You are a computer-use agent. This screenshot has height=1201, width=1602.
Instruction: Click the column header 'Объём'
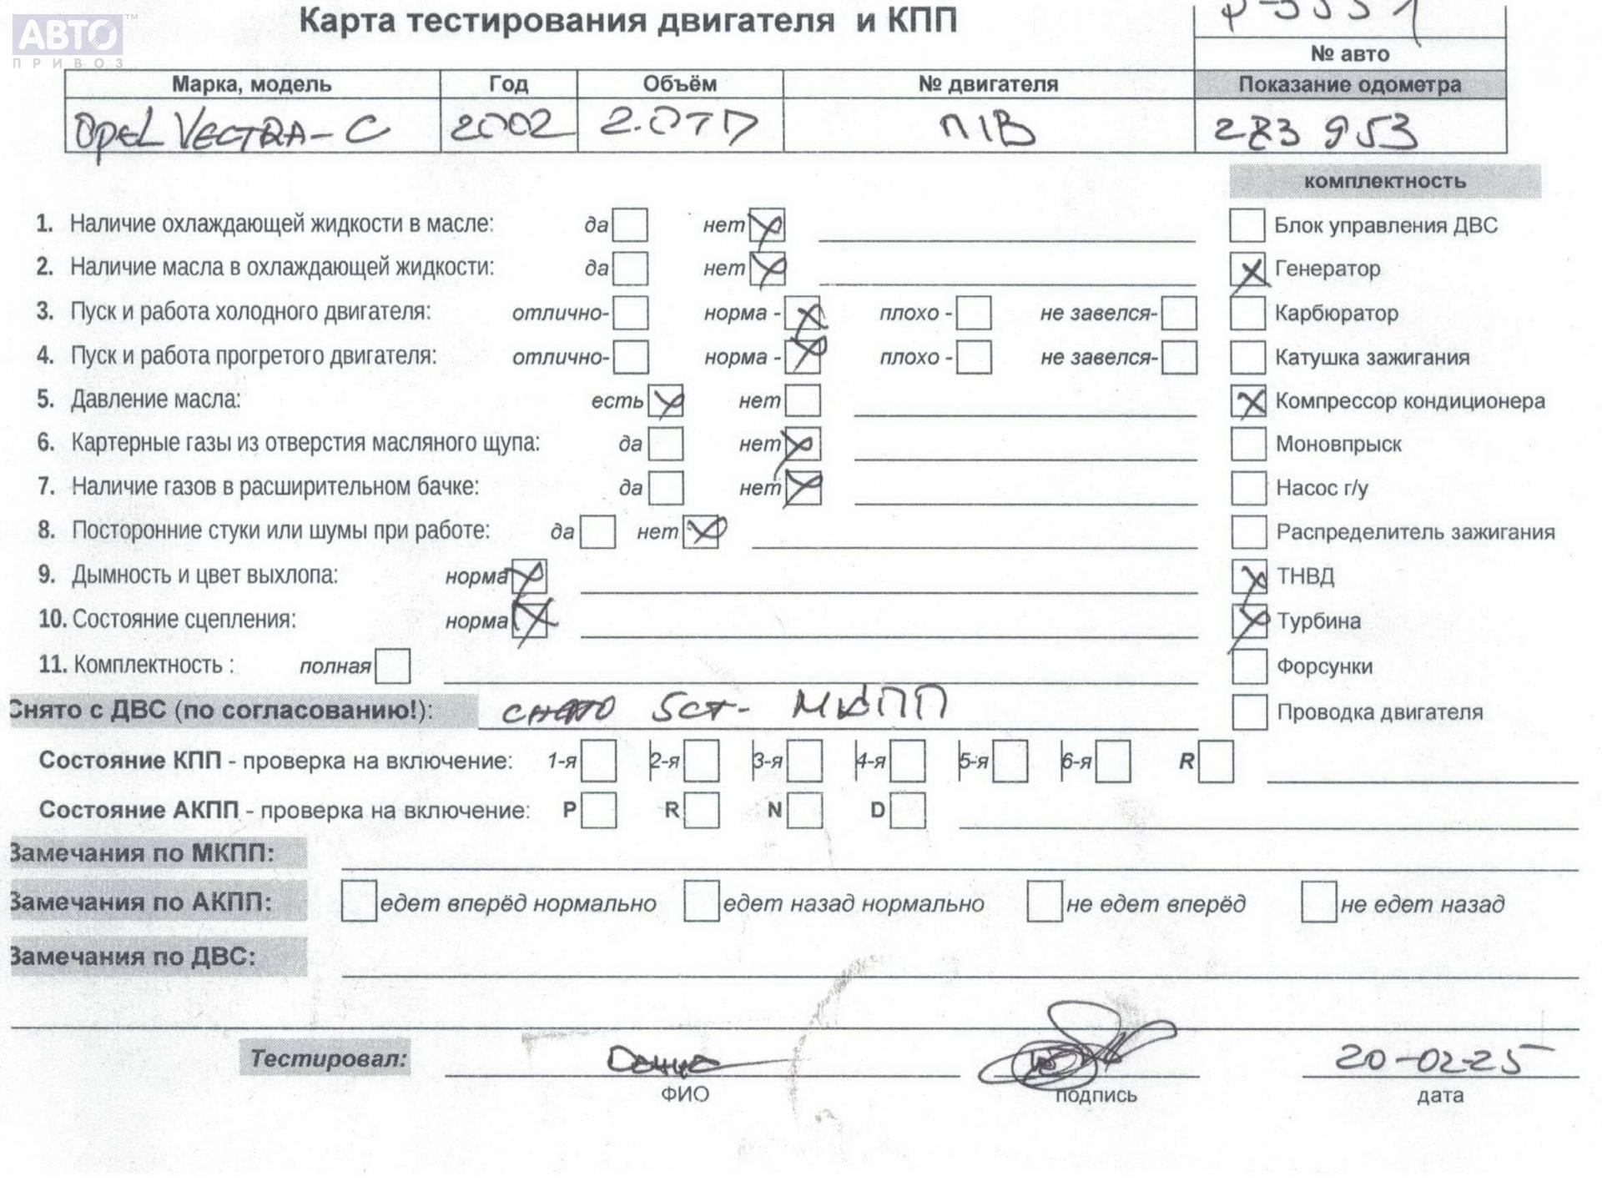click(x=679, y=84)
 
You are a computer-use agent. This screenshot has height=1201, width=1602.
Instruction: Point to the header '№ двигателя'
click(x=988, y=84)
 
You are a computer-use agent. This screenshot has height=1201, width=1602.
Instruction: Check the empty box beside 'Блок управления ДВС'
click(x=1247, y=225)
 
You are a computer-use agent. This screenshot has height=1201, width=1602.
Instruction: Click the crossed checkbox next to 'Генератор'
click(x=1248, y=270)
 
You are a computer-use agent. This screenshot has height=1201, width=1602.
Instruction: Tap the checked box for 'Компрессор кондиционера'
click(x=1249, y=402)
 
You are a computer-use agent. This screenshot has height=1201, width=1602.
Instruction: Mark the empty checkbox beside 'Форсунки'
click(x=1249, y=666)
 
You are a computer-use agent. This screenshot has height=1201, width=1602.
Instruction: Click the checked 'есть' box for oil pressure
click(x=666, y=401)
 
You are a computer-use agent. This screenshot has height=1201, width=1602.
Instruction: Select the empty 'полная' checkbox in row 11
click(x=393, y=666)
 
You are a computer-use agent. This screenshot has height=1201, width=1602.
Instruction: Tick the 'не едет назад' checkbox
click(x=1318, y=902)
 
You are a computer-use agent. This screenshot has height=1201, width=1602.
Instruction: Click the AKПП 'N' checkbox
click(x=804, y=811)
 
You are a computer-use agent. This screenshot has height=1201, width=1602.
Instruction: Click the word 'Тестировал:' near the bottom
click(x=328, y=1059)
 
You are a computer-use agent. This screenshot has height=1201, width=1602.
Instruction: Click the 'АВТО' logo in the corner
click(x=68, y=37)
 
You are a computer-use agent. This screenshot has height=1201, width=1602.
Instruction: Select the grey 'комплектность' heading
click(x=1384, y=182)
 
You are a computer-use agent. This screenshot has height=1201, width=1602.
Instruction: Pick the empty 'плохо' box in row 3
click(x=974, y=314)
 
